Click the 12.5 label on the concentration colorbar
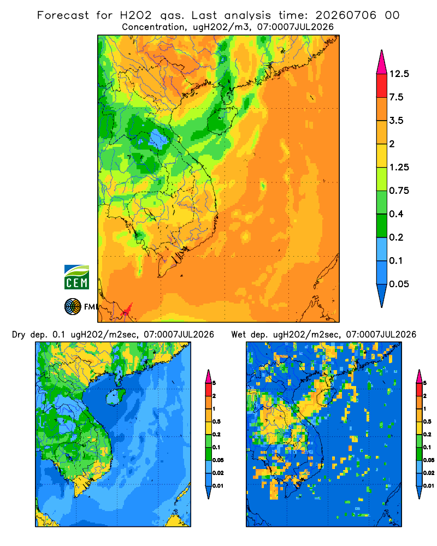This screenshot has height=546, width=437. click(x=399, y=74)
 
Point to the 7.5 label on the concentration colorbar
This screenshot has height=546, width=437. click(x=396, y=97)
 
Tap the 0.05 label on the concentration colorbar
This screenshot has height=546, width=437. click(x=399, y=284)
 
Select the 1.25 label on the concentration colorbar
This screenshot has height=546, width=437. click(x=399, y=168)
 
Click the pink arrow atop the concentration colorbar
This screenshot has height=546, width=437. click(x=382, y=63)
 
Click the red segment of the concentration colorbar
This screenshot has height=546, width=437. click(x=382, y=86)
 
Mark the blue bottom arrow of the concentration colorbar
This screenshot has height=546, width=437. click(x=382, y=295)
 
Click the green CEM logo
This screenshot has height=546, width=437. click(x=76, y=277)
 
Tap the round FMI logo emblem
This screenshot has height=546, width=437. click(x=73, y=307)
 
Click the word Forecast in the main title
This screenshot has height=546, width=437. click(x=63, y=15)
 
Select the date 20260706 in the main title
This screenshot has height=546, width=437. click(x=346, y=15)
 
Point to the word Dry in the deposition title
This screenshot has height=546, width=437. click(x=19, y=335)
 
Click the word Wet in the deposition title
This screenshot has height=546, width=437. click(x=238, y=335)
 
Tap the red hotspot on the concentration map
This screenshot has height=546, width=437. click(x=126, y=310)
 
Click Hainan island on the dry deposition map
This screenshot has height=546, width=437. click(x=115, y=396)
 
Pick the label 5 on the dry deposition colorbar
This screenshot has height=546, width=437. click(x=214, y=383)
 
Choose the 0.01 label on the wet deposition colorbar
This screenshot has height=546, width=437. click(x=429, y=486)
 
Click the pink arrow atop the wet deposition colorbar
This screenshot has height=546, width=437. click(x=419, y=376)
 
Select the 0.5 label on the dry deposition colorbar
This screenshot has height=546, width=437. click(x=216, y=422)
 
